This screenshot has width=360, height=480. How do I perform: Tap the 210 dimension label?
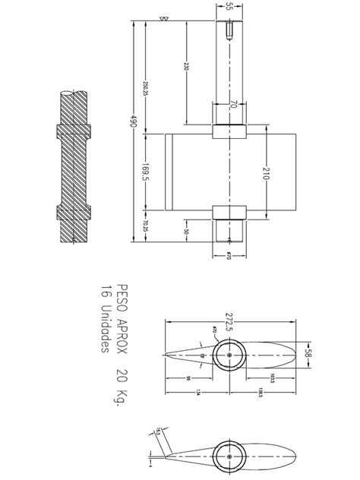click(x=266, y=174)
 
